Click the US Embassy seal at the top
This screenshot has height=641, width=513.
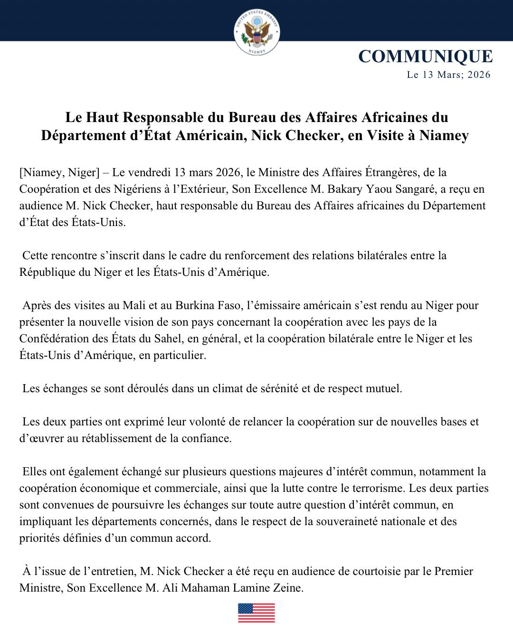coord(256,32)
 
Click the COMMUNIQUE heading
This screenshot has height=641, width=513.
coord(425,56)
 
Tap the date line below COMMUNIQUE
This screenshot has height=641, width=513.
coord(448,75)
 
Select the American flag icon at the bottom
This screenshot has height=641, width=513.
coord(256,613)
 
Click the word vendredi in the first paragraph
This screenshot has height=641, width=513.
coord(150,172)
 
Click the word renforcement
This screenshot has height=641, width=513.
coord(257,255)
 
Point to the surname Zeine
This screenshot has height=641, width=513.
coord(288,588)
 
